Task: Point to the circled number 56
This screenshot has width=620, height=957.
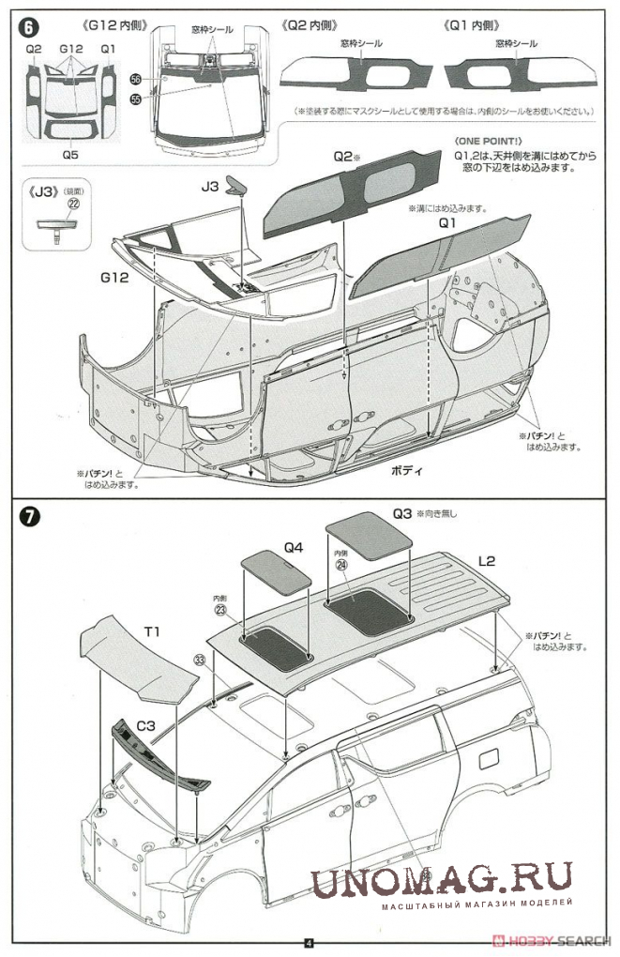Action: pyautogui.click(x=135, y=81)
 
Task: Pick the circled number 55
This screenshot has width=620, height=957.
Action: pyautogui.click(x=135, y=98)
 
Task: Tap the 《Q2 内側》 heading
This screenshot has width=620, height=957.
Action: pyautogui.click(x=310, y=24)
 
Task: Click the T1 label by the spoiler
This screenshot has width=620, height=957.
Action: pyautogui.click(x=150, y=630)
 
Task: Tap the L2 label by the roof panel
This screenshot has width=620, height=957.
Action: pyautogui.click(x=487, y=561)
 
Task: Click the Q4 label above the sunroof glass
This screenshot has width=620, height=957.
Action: pyautogui.click(x=293, y=544)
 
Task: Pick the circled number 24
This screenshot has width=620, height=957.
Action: pyautogui.click(x=340, y=565)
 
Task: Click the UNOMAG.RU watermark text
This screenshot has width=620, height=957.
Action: pyautogui.click(x=441, y=879)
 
